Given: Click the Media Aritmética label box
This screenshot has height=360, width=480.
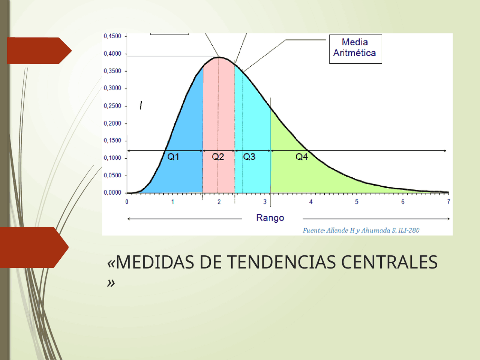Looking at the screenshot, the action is click(355, 49).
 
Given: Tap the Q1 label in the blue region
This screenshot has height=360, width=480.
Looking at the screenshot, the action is click(173, 157).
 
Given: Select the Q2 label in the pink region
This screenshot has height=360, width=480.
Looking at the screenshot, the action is click(218, 157).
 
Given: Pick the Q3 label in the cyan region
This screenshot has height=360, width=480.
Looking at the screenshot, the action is click(249, 157).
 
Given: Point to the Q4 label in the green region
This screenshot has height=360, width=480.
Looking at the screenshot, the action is click(302, 157).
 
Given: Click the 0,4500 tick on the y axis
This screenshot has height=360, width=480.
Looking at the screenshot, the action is click(112, 36).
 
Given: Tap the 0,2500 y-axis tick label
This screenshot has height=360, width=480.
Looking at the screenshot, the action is click(112, 106).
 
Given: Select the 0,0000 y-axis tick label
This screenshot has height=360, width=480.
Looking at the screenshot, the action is click(112, 193).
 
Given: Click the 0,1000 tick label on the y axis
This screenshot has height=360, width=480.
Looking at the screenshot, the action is click(112, 158).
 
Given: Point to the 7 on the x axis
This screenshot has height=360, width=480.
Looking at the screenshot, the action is click(448, 201).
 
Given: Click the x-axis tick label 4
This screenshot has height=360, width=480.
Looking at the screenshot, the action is click(311, 201).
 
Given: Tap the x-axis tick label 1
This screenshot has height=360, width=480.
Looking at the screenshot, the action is click(173, 201).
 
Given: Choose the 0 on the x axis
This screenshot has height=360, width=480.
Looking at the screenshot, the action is click(127, 201).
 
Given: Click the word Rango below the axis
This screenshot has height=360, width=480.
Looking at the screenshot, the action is click(270, 218).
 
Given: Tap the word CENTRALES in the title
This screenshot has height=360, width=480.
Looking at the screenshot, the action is click(389, 262).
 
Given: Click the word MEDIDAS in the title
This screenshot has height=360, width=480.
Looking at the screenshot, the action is click(155, 262).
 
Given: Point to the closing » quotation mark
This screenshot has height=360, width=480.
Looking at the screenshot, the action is click(111, 283).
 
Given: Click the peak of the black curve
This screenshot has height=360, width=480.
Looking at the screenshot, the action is click(219, 57).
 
